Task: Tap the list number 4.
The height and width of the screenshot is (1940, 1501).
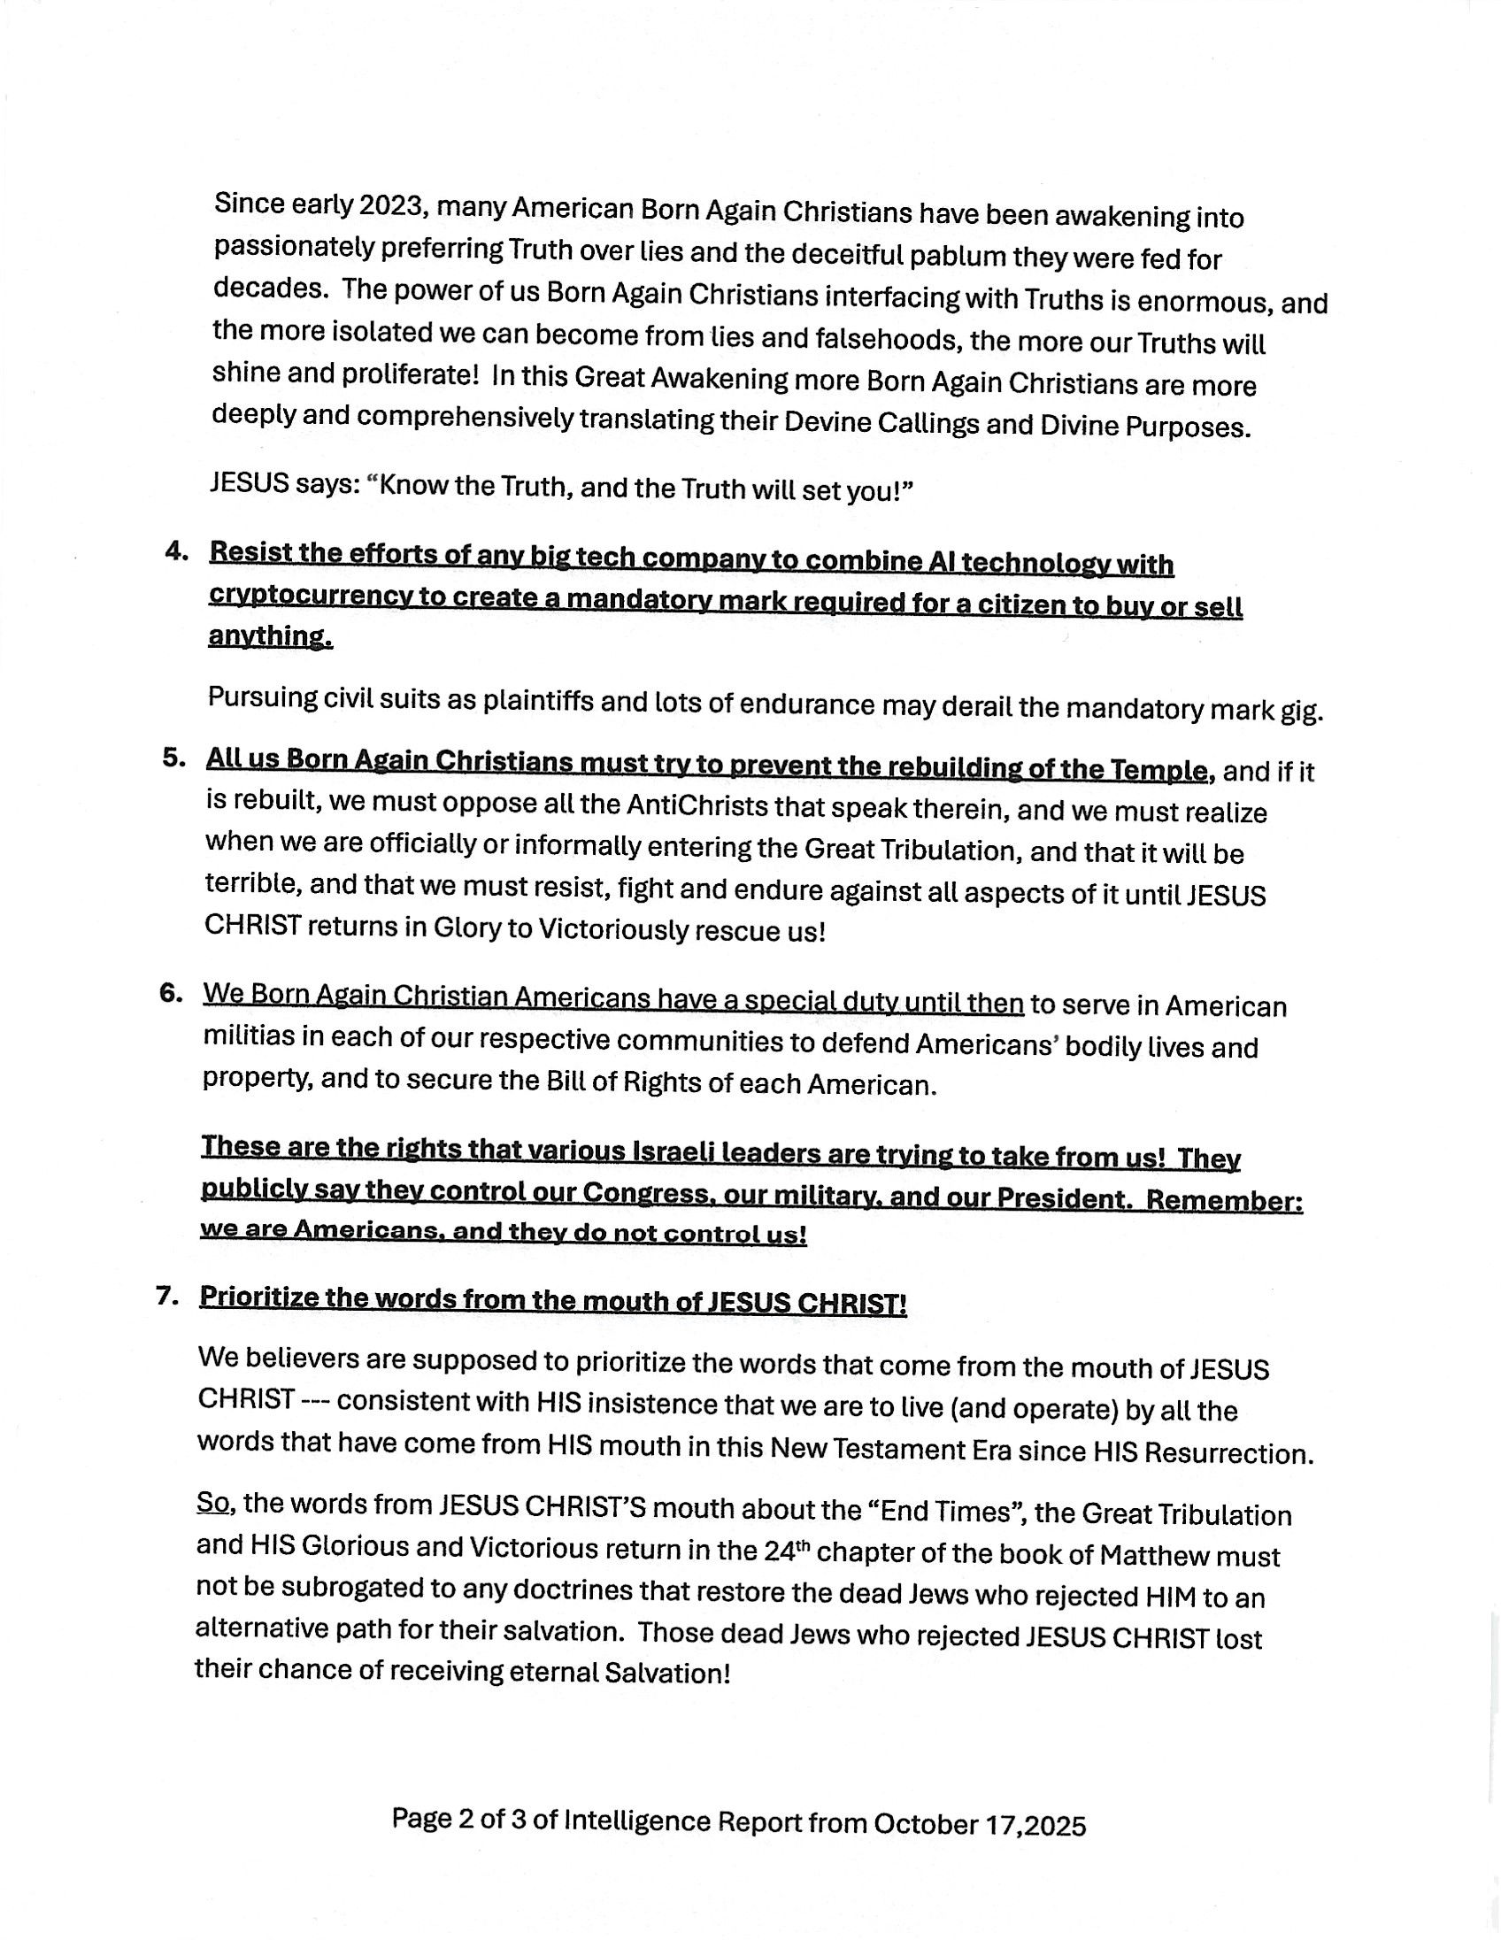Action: [177, 551]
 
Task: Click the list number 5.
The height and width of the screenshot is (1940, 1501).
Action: [175, 758]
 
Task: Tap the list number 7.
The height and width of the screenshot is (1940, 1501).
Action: [169, 1296]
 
